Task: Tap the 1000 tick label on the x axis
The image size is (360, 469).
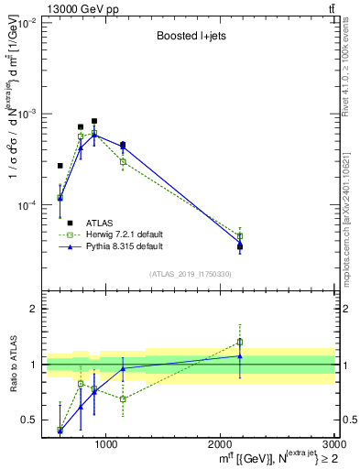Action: click(x=106, y=444)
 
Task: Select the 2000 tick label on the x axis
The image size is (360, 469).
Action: click(x=221, y=444)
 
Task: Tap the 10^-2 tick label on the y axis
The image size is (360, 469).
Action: click(x=25, y=23)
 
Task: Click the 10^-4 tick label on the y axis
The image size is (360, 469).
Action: click(x=25, y=205)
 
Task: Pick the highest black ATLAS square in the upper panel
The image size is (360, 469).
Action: click(x=94, y=121)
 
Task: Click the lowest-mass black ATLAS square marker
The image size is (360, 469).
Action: click(x=60, y=166)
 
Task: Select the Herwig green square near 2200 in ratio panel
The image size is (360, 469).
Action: click(x=240, y=343)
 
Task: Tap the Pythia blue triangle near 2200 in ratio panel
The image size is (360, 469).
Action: click(x=240, y=356)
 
